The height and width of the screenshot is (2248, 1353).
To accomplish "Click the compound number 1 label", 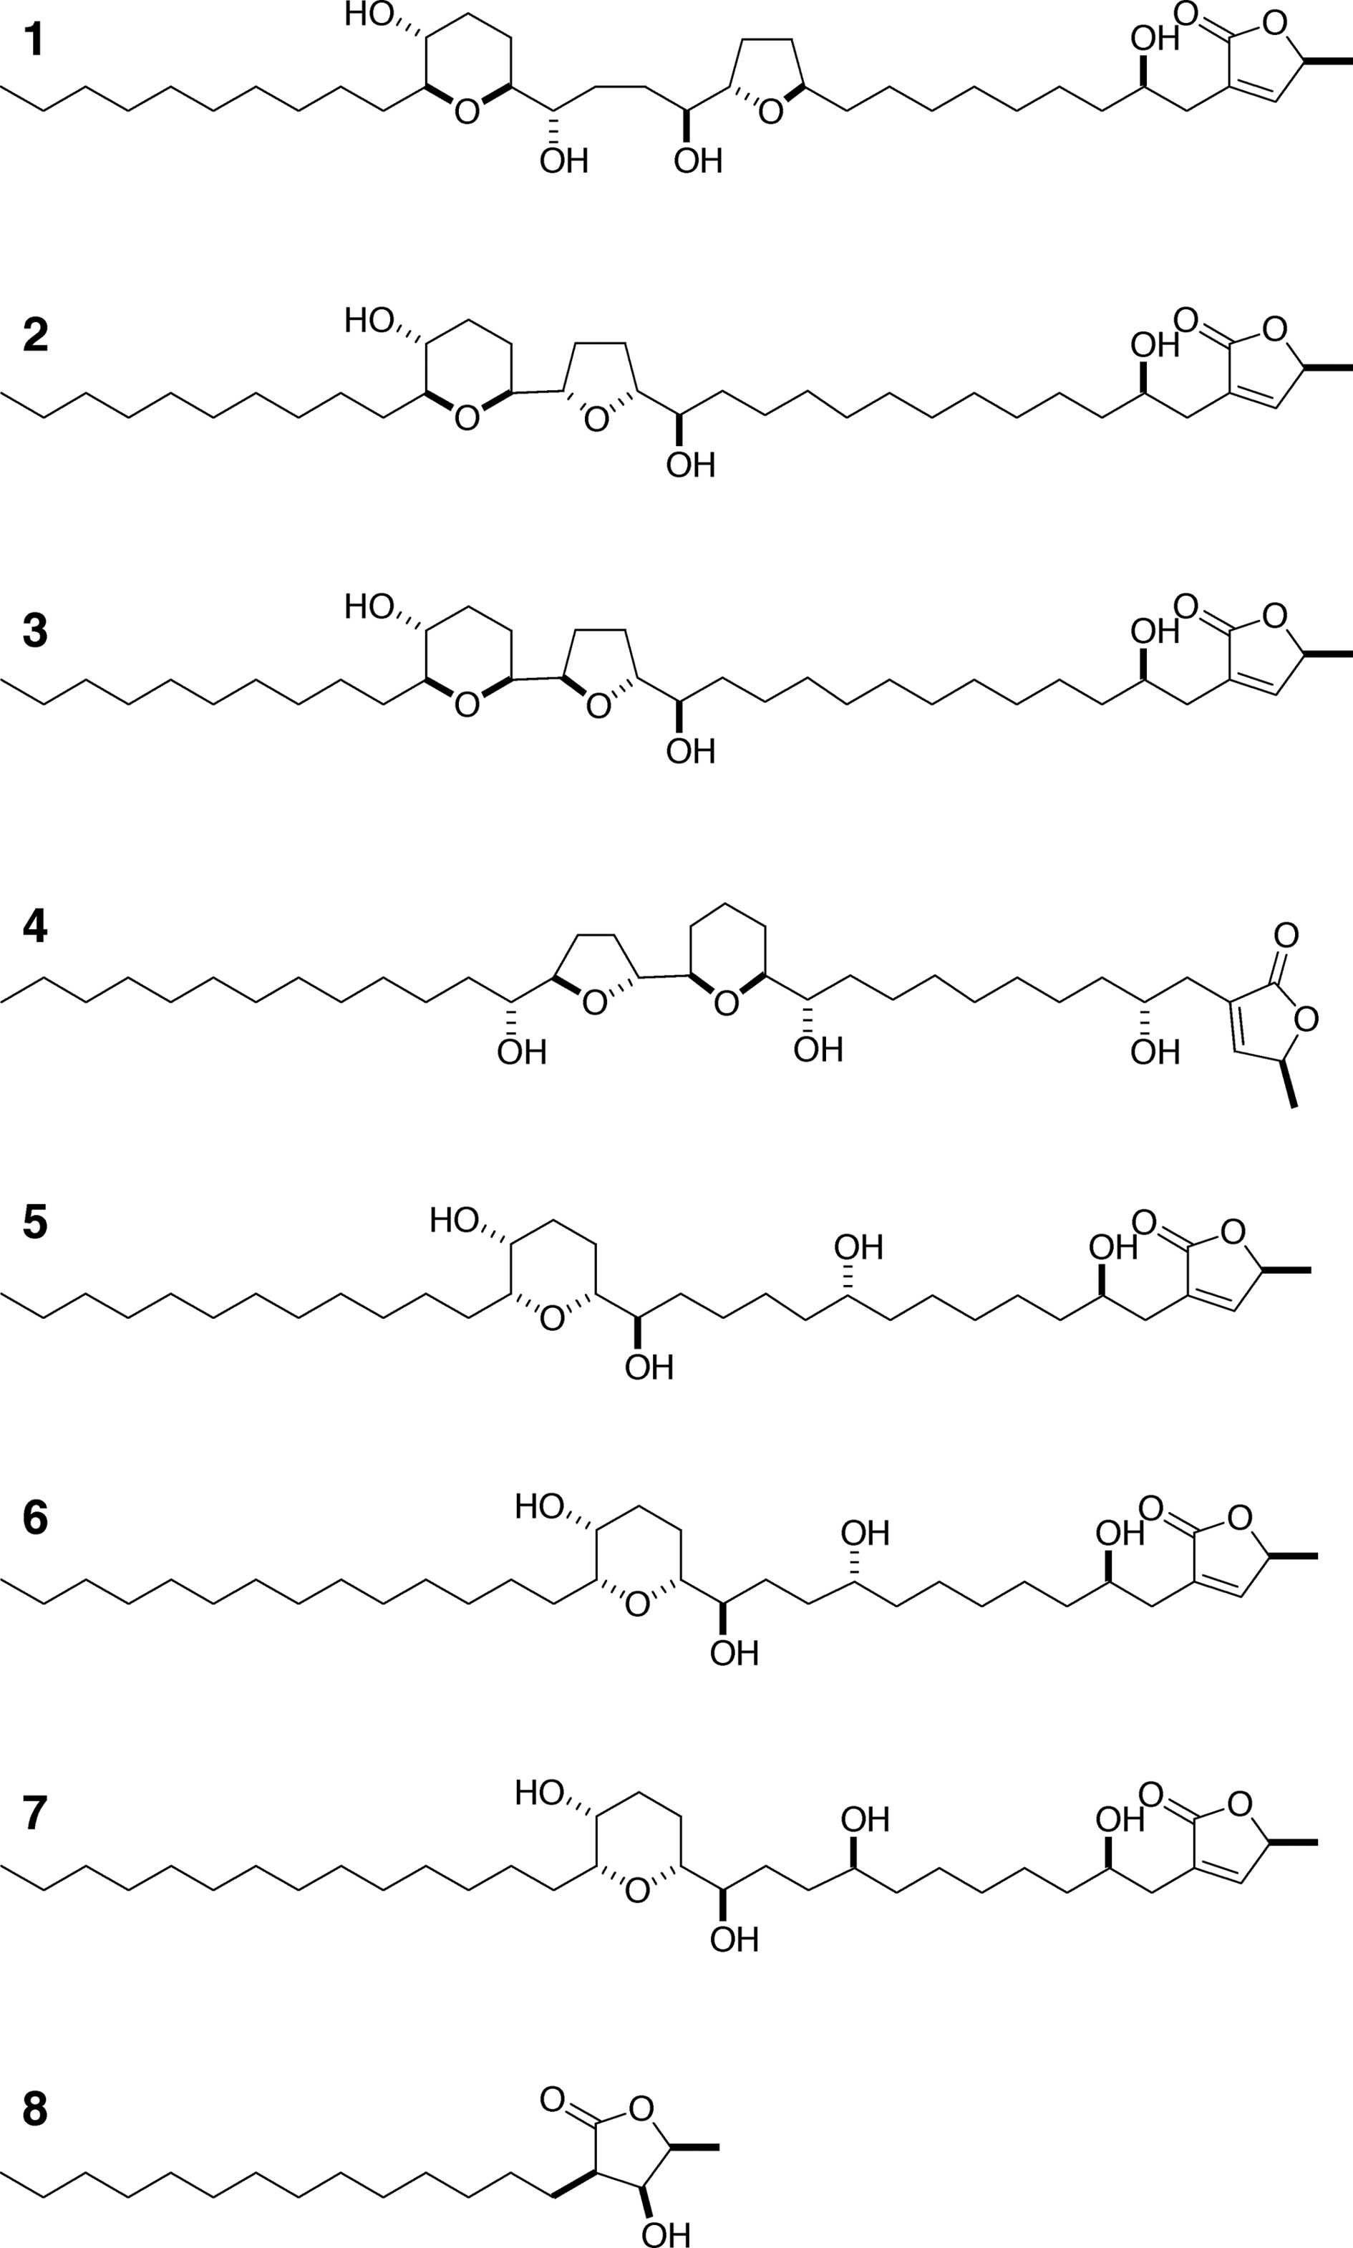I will click(34, 41).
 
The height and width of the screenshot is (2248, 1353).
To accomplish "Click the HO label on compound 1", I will click(369, 16).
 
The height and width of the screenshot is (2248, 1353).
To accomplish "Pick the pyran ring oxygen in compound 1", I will click(467, 112).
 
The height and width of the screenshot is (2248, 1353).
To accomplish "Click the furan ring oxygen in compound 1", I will click(770, 112).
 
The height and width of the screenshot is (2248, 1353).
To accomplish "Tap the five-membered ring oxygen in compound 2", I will click(596, 420).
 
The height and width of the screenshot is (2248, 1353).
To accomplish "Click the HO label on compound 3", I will click(369, 606).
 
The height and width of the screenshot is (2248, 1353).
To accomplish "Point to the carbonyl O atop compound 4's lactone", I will click(1286, 934).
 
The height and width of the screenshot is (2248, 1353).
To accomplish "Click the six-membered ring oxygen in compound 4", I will click(726, 1004).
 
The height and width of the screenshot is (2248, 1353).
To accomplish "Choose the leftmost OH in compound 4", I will click(521, 1053).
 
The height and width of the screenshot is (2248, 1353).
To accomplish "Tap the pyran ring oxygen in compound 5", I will click(552, 1319).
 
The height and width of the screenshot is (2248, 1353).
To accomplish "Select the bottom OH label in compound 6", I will click(734, 1653).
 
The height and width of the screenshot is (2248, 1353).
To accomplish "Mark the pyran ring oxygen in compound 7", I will click(637, 1891).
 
